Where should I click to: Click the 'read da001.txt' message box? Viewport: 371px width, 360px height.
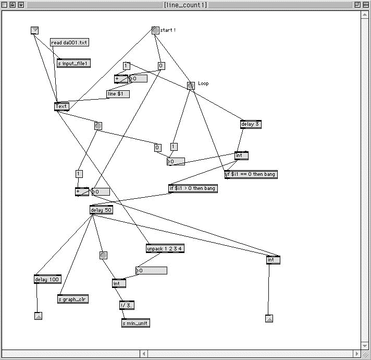tap(69, 42)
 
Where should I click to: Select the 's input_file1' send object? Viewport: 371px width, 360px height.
tap(73, 63)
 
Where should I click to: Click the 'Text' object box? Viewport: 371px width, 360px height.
tap(61, 106)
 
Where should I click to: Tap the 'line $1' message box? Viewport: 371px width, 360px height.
tap(118, 94)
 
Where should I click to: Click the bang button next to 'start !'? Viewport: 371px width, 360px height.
tap(155, 30)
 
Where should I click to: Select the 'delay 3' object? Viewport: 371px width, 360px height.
tap(250, 124)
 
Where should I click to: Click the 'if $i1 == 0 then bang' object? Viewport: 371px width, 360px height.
tap(251, 175)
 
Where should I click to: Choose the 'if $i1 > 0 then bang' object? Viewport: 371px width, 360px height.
tap(192, 188)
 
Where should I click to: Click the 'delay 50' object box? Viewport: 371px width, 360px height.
tap(101, 210)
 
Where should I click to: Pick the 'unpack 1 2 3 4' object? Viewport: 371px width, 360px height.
tap(165, 249)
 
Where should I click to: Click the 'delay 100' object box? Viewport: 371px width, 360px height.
tap(47, 279)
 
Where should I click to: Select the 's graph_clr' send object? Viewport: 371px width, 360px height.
tap(73, 299)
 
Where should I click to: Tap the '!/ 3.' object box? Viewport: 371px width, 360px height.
tap(127, 305)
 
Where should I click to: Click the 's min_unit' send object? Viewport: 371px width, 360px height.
tap(135, 323)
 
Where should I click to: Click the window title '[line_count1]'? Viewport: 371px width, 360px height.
tap(185, 5)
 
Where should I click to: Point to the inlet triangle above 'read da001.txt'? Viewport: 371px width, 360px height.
tap(35, 30)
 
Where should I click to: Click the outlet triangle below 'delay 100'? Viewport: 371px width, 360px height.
tap(38, 316)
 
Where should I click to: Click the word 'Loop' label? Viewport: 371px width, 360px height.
tap(203, 83)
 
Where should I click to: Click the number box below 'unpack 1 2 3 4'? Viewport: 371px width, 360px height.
tap(151, 270)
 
